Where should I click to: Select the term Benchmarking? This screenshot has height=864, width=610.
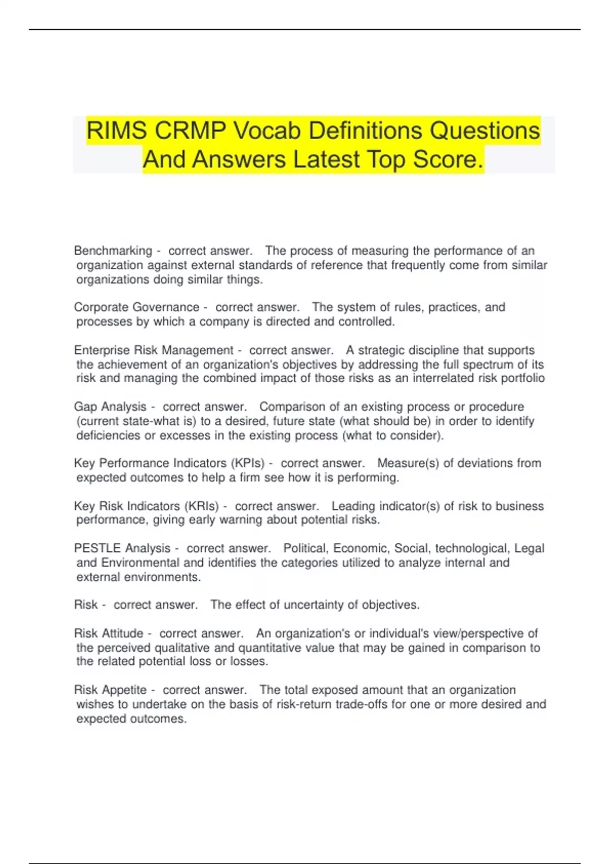tap(113, 251)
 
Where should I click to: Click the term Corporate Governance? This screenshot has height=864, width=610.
tap(136, 307)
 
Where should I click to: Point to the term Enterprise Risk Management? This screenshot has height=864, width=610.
tap(154, 350)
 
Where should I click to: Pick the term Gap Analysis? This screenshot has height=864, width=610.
tap(110, 407)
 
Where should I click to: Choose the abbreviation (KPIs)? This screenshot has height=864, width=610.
tap(248, 463)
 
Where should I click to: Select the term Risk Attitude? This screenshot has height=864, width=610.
tap(109, 633)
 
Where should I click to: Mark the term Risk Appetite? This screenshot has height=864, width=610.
tap(110, 690)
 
